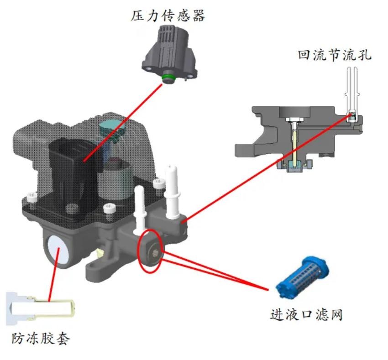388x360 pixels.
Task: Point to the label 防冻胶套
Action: (x=41, y=339)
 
